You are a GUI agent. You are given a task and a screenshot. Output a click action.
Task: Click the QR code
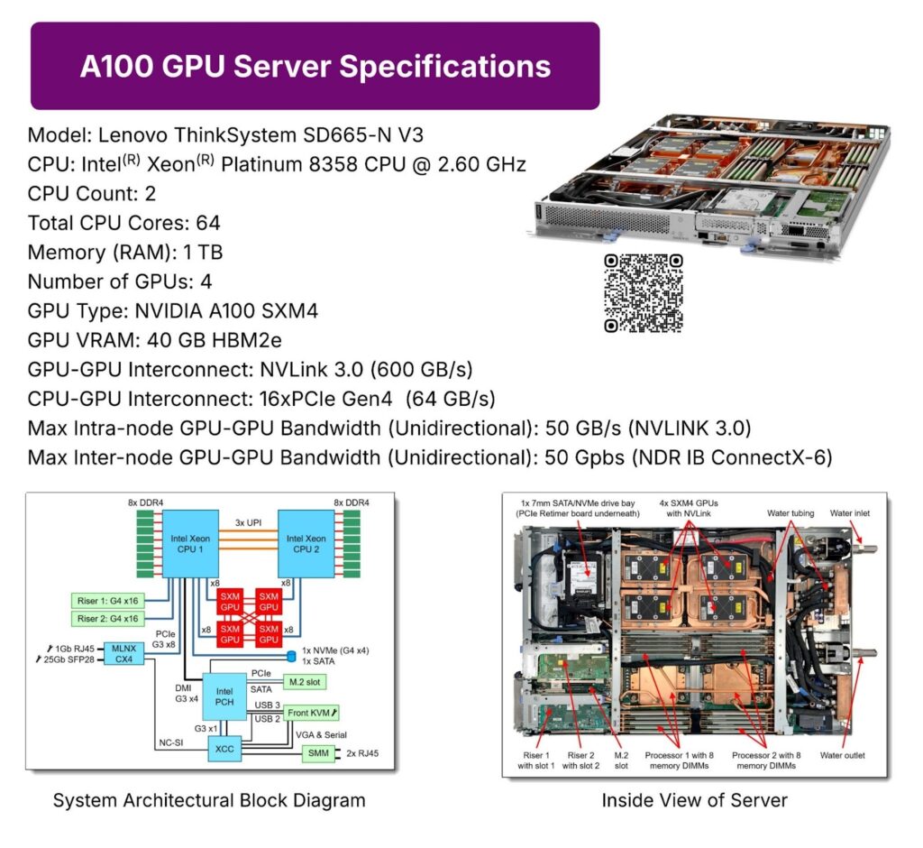point(643,294)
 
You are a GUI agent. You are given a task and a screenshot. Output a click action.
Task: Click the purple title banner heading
point(315,67)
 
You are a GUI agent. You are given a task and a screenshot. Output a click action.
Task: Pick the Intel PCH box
point(225,696)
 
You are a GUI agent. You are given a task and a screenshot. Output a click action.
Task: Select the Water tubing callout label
point(790,514)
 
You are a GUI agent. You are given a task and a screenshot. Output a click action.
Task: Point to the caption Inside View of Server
point(694,800)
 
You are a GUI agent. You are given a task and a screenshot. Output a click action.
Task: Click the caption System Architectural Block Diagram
point(209,800)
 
